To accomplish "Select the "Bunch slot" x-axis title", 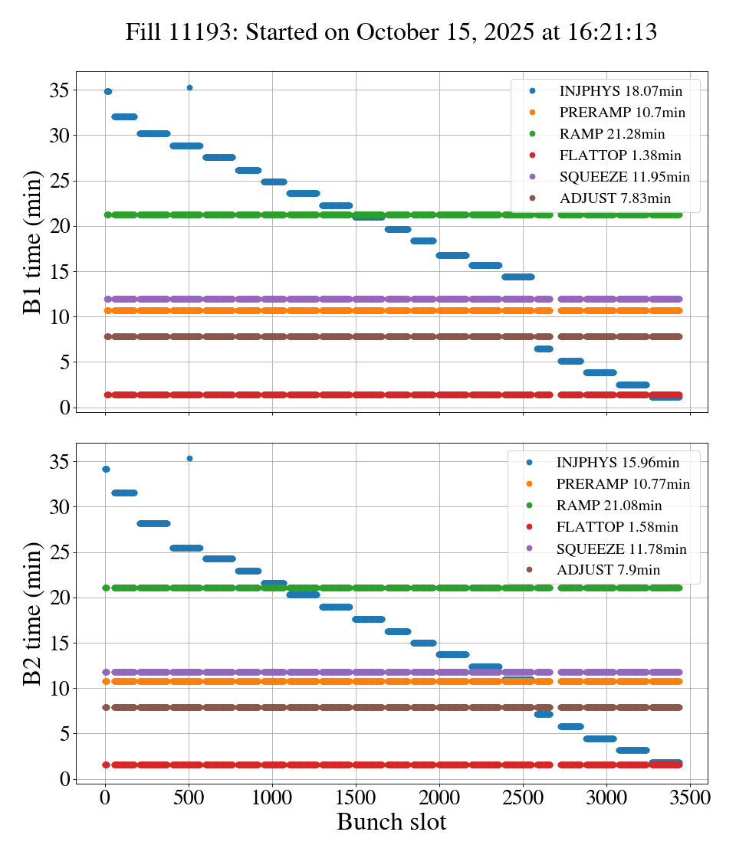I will pyautogui.click(x=391, y=822).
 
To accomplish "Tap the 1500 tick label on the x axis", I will pyautogui.click(x=356, y=797).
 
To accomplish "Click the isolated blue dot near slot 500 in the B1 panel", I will pyautogui.click(x=189, y=87).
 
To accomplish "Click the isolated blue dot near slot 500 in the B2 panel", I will pyautogui.click(x=189, y=458).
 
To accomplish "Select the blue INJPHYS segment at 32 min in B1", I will pyautogui.click(x=124, y=116).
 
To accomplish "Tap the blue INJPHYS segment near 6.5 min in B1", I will pyautogui.click(x=544, y=349).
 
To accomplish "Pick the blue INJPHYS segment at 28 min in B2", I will pyautogui.click(x=153, y=523).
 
